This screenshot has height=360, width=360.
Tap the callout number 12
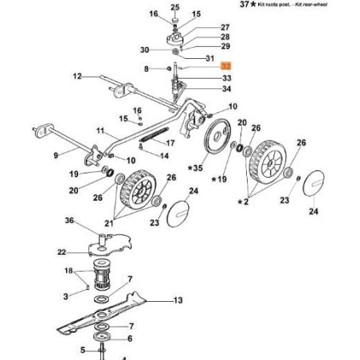pos(77,76)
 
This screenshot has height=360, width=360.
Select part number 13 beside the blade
pos(178,300)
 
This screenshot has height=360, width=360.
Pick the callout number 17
pos(169,143)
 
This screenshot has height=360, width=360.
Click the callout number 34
pos(227,89)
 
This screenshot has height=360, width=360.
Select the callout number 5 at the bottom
pos(82,349)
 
